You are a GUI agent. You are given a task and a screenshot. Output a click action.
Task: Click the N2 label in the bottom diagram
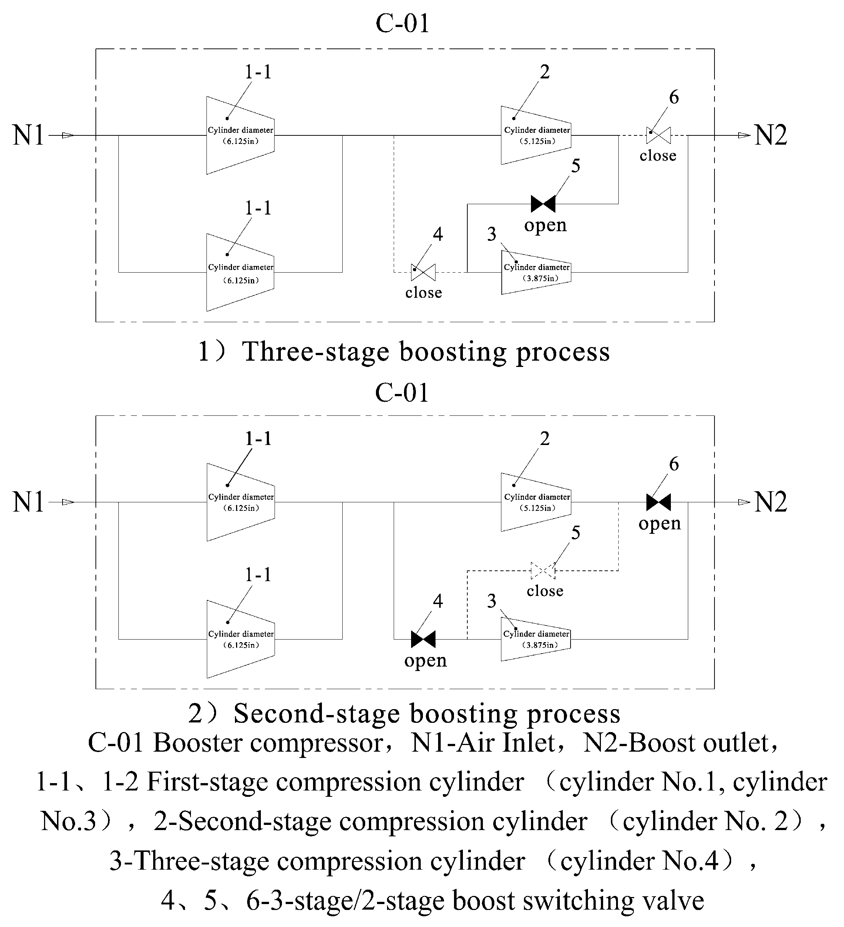point(770,502)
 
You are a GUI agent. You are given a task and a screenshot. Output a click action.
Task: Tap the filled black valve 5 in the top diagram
point(543,204)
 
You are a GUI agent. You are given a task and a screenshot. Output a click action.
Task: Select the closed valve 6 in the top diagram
point(658,135)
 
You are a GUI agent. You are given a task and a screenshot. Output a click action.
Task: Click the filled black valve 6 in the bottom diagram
point(658,502)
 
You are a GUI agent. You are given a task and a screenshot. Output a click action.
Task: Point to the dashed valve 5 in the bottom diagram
point(543,571)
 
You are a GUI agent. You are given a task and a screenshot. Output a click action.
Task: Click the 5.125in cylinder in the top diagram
point(536,135)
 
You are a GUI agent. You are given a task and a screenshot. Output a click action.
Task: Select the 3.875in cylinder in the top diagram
point(536,273)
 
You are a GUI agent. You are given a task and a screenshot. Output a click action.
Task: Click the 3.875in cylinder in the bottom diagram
point(536,639)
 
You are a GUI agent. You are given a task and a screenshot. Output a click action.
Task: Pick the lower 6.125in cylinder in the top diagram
point(240,273)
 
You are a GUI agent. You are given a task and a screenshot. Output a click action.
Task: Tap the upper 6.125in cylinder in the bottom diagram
point(241,502)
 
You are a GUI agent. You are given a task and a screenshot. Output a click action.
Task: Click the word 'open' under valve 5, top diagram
point(545,225)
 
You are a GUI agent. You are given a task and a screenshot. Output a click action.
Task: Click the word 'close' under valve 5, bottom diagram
point(545,591)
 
